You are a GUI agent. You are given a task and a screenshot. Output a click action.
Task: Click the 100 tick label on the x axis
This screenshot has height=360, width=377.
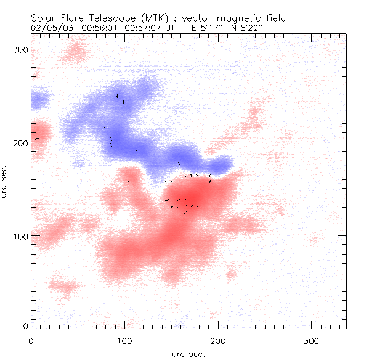pos(124,340)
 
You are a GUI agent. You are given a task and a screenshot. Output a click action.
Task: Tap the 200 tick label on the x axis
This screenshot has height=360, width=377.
pos(218,340)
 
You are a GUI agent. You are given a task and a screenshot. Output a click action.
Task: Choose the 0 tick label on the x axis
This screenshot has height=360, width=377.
pos(31,340)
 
